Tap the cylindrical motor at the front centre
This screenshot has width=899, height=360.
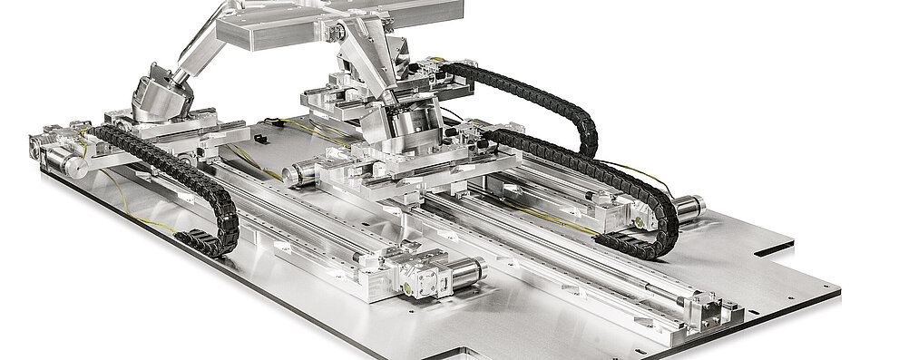(x=465, y=271)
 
